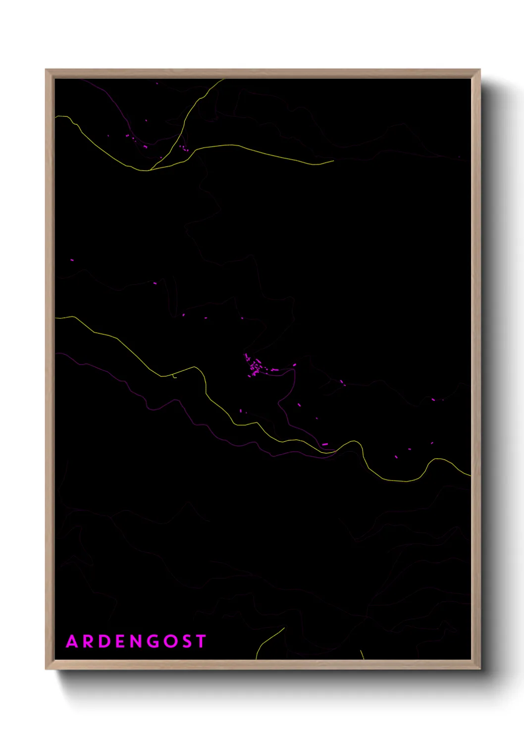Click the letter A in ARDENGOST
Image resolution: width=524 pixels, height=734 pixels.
72,642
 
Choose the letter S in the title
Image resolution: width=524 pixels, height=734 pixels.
187,642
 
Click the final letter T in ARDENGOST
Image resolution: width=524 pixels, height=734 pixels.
201,642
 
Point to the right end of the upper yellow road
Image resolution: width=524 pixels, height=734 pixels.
333,160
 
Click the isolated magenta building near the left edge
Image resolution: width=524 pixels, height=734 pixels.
72,260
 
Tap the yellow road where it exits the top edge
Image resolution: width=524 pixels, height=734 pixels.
223,79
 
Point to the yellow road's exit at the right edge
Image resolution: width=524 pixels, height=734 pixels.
470,476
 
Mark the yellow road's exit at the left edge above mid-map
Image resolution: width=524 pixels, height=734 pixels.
56,317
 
